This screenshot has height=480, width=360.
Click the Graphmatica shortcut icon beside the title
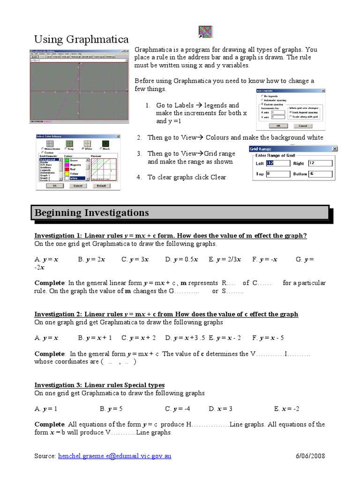pyautogui.click(x=205, y=32)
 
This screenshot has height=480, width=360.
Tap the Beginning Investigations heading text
pyautogui.click(x=91, y=213)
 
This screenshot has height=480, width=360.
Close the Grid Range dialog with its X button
pyautogui.click(x=334, y=149)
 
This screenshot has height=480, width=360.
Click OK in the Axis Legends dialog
pyautogui.click(x=278, y=126)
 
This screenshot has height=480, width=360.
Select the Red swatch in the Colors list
pyautogui.click(x=74, y=169)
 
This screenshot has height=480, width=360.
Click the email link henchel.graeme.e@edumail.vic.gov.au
pyautogui.click(x=112, y=456)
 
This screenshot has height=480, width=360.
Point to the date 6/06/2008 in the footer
pyautogui.click(x=310, y=456)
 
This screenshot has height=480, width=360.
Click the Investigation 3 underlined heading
pyautogui.click(x=99, y=385)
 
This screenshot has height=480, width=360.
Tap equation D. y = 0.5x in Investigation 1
pyautogui.click(x=182, y=259)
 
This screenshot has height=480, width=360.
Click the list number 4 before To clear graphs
pyautogui.click(x=139, y=177)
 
